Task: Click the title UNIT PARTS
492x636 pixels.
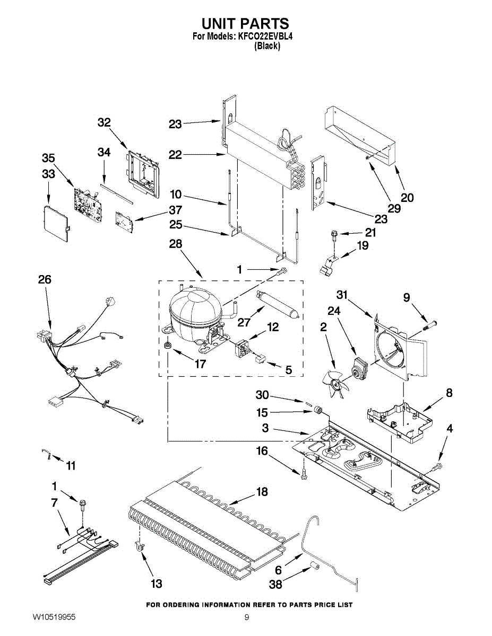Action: [245, 23]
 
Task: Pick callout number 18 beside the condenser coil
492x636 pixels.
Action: [262, 492]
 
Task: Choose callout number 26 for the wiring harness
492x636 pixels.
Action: [45, 279]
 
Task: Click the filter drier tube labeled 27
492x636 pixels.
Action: [278, 304]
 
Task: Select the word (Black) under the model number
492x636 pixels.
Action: [267, 46]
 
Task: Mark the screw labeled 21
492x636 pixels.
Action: [334, 234]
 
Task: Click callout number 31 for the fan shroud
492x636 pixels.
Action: [342, 295]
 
